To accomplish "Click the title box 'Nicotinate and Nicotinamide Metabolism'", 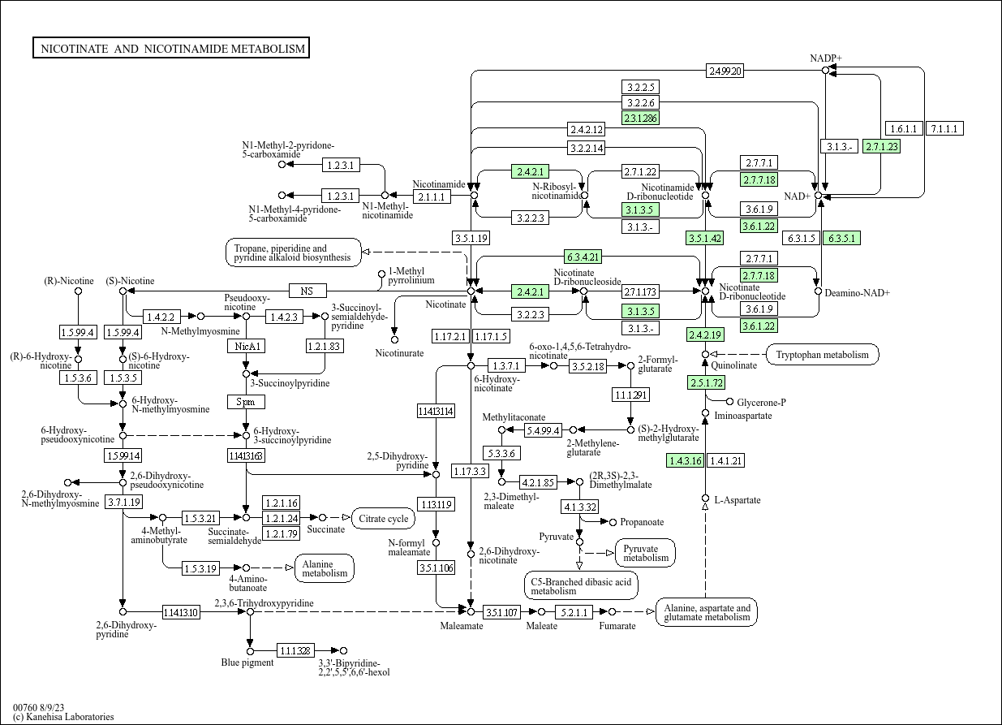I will (171, 49).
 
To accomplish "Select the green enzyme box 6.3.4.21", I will (583, 257).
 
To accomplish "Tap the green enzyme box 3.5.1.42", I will (704, 238).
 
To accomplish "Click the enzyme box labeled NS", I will (307, 291).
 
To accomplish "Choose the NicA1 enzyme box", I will (246, 346).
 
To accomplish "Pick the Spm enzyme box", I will (246, 402).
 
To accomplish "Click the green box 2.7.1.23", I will (882, 146).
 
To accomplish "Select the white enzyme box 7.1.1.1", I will (944, 128).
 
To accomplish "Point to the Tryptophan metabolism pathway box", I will (822, 354).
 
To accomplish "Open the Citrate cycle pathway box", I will (384, 518).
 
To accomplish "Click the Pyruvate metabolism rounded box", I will (646, 553).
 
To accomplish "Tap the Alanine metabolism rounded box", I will (325, 568).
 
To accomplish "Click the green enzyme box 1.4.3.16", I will (684, 460).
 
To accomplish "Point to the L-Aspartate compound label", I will (737, 500).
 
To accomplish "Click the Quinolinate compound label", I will (734, 365).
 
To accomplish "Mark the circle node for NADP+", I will (826, 71).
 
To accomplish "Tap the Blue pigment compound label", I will (247, 662).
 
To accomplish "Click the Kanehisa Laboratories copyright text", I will (63, 717).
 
